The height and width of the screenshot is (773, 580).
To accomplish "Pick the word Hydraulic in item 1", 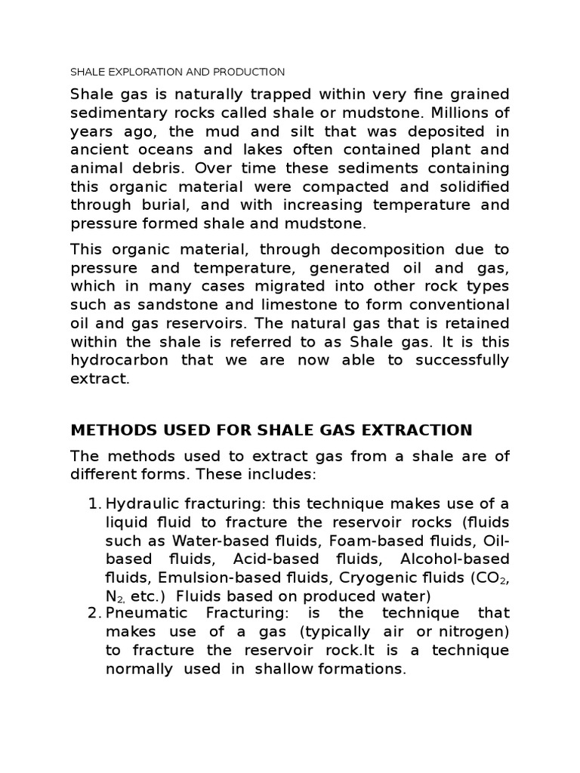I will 138,504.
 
